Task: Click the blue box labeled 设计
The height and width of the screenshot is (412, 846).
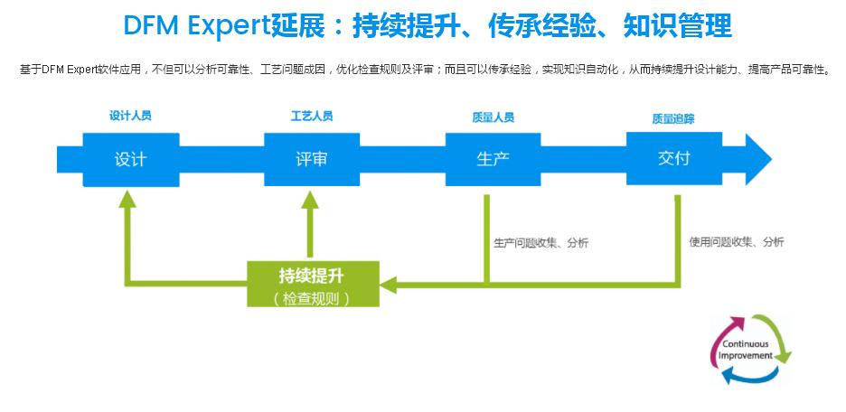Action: click(131, 160)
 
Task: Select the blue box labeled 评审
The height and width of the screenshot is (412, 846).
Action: click(312, 160)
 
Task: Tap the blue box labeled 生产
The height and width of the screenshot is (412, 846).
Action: click(493, 160)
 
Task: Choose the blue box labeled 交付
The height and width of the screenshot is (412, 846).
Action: click(674, 158)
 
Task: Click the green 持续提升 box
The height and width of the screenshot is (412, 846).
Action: click(313, 285)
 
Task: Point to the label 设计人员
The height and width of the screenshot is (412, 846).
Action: click(130, 116)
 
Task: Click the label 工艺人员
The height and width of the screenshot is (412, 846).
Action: click(312, 116)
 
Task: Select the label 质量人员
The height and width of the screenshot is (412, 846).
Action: click(493, 117)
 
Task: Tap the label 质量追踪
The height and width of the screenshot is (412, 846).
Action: click(673, 119)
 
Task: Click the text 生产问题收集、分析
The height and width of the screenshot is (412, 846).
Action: click(541, 243)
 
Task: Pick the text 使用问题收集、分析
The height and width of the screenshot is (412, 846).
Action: click(737, 242)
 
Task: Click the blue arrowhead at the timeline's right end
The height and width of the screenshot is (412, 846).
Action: click(758, 159)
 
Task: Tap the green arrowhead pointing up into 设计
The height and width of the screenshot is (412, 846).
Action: click(127, 199)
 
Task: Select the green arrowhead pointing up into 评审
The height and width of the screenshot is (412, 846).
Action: click(310, 200)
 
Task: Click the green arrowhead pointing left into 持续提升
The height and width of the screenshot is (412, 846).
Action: click(388, 285)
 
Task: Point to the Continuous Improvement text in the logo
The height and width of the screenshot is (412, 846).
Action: click(745, 350)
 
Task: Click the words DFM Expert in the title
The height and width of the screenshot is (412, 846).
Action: click(197, 25)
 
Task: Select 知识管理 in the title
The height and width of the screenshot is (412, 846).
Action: click(677, 25)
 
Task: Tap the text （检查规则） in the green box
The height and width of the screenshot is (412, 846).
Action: click(313, 298)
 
